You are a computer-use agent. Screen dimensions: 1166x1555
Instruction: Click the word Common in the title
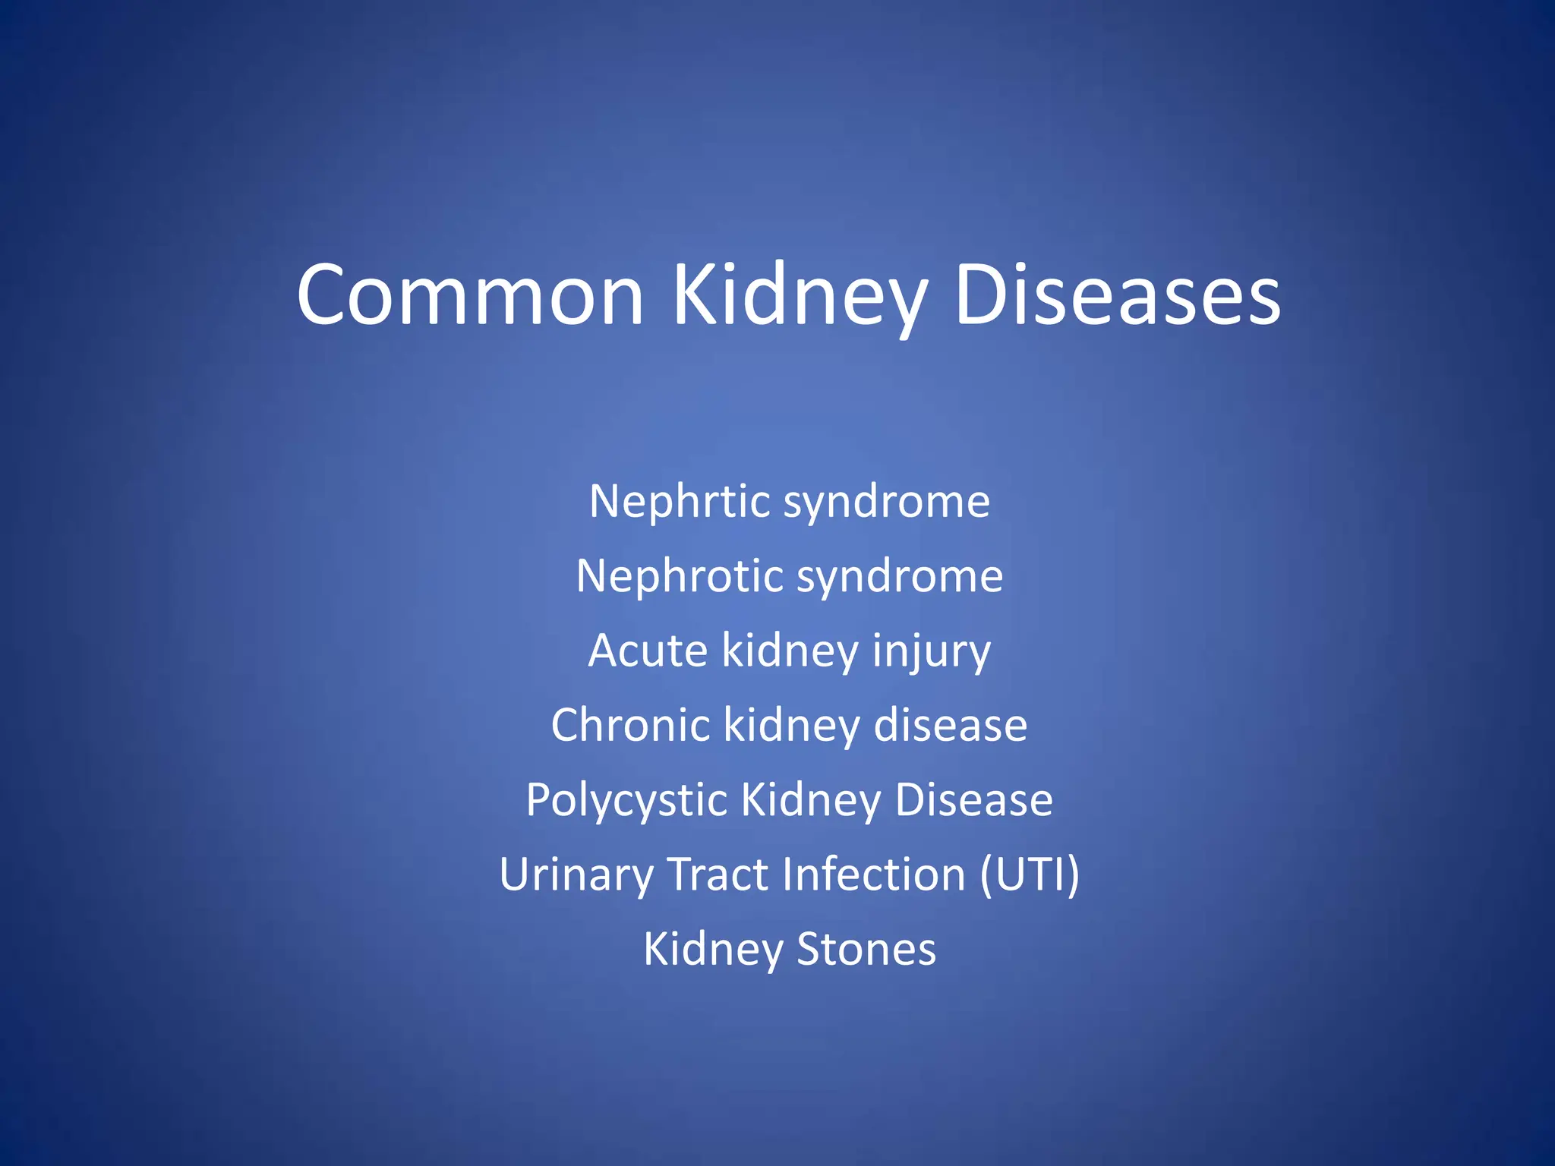470,296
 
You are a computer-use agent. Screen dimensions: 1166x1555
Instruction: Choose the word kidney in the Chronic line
790,726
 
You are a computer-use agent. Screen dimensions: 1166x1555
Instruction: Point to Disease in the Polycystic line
974,800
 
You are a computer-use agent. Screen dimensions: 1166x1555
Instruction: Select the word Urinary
576,875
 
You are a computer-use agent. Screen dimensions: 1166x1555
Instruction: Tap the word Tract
718,874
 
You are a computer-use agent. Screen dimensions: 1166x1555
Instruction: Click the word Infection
874,874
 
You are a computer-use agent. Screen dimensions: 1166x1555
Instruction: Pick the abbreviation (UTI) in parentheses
1029,875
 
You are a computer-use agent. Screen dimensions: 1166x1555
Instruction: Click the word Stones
866,950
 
